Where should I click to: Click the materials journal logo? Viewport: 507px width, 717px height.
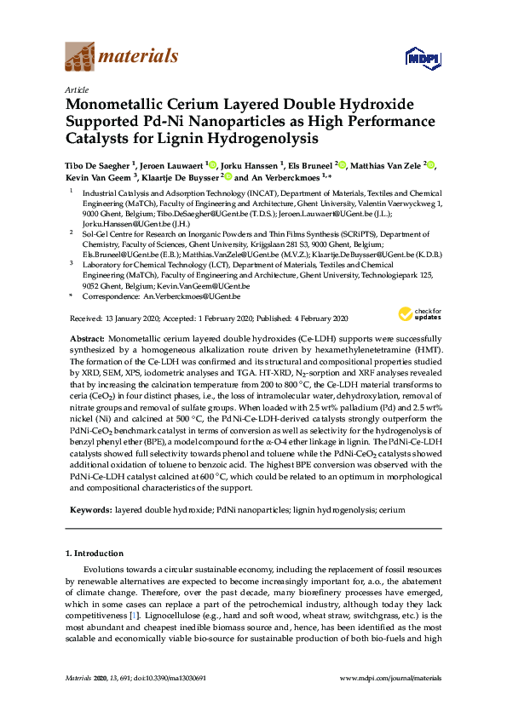click(x=122, y=56)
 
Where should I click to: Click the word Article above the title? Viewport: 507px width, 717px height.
click(x=76, y=89)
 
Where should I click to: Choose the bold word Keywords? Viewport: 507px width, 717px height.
click(x=88, y=509)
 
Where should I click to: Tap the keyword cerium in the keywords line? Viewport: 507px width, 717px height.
click(x=388, y=509)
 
